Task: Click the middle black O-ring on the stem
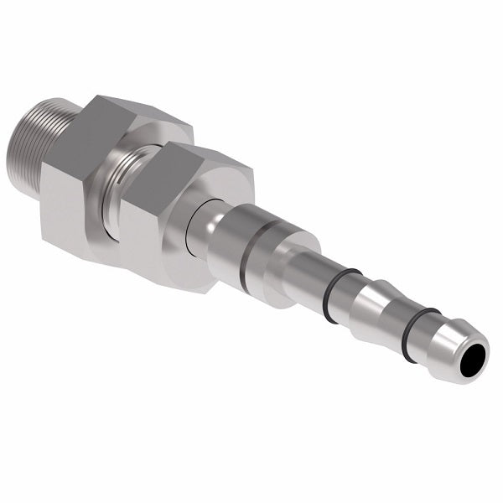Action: [x=340, y=296]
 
